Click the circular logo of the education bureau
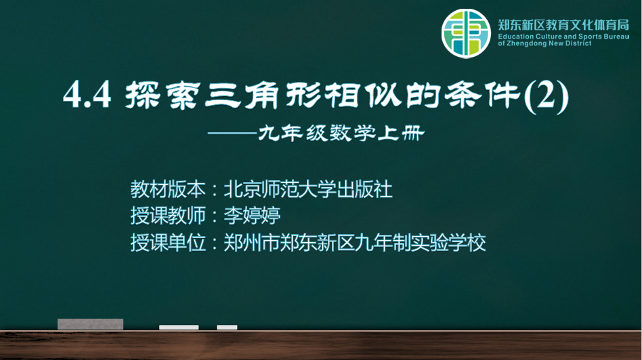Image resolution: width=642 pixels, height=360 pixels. (x=466, y=34)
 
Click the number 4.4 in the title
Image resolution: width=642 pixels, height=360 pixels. (x=87, y=95)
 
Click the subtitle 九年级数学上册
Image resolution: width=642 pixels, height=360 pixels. (x=341, y=133)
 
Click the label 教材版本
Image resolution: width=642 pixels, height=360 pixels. (x=168, y=189)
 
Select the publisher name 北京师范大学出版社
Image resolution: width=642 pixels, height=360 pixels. (x=308, y=189)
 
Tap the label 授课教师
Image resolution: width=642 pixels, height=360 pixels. (x=168, y=216)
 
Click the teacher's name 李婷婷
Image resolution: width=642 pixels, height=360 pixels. (x=252, y=216)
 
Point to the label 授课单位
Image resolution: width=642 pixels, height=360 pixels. (x=168, y=242)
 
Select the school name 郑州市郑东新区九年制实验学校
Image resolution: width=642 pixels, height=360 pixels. (x=355, y=242)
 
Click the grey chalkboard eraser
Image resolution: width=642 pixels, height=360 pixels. (x=91, y=324)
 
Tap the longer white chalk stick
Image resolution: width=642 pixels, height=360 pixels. (x=179, y=328)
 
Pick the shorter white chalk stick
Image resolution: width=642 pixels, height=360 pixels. (x=227, y=328)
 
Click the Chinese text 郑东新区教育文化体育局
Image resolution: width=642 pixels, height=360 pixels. (x=563, y=25)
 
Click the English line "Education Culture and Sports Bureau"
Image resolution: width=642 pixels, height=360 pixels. (x=563, y=37)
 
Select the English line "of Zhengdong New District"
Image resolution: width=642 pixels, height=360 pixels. (x=544, y=43)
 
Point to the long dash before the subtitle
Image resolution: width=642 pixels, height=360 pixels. (x=232, y=133)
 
